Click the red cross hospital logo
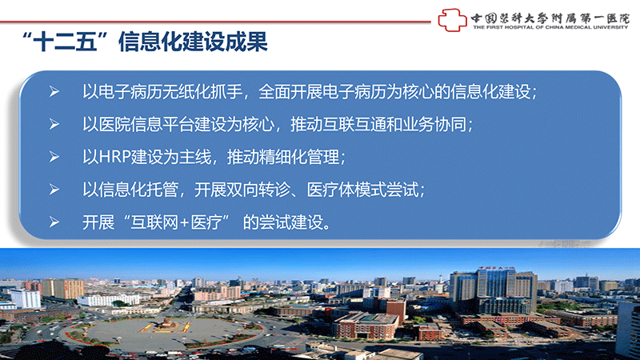tap(452, 20)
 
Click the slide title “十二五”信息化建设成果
tap(145, 42)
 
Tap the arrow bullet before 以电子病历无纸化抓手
tap(54, 91)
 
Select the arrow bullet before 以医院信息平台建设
tap(54, 124)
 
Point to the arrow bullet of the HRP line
tap(54, 157)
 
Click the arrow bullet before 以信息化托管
tap(54, 190)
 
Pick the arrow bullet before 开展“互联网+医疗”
tap(54, 222)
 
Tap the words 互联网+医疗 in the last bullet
tap(176, 222)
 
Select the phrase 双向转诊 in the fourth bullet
tap(258, 190)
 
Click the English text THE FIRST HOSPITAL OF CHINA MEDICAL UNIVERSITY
tap(550, 27)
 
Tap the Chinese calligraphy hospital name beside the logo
tap(550, 18)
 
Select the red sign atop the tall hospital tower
tap(496, 268)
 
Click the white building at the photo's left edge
tap(25, 298)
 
